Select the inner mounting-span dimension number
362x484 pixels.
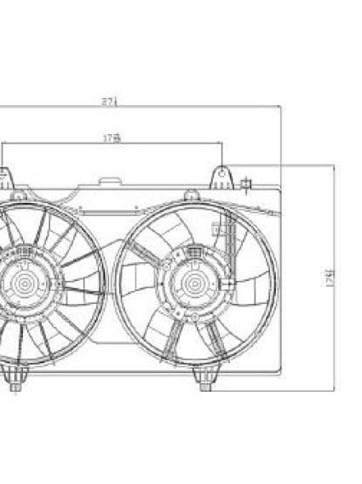[110, 137]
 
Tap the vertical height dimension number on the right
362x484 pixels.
[329, 278]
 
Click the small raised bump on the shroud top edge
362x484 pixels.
[108, 181]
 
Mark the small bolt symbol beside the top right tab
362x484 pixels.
[247, 183]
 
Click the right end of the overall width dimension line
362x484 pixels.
[280, 108]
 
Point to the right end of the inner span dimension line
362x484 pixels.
[222, 143]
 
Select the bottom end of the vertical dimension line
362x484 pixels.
[332, 390]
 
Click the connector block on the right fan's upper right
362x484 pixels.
[218, 229]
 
